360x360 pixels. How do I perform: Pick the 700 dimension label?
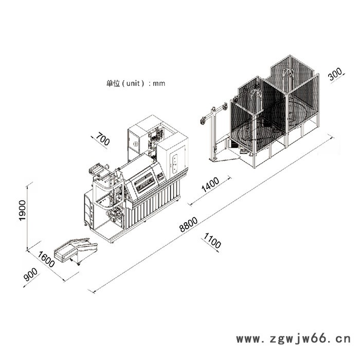103,139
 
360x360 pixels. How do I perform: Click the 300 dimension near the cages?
335,76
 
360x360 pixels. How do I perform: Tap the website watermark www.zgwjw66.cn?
293,339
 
